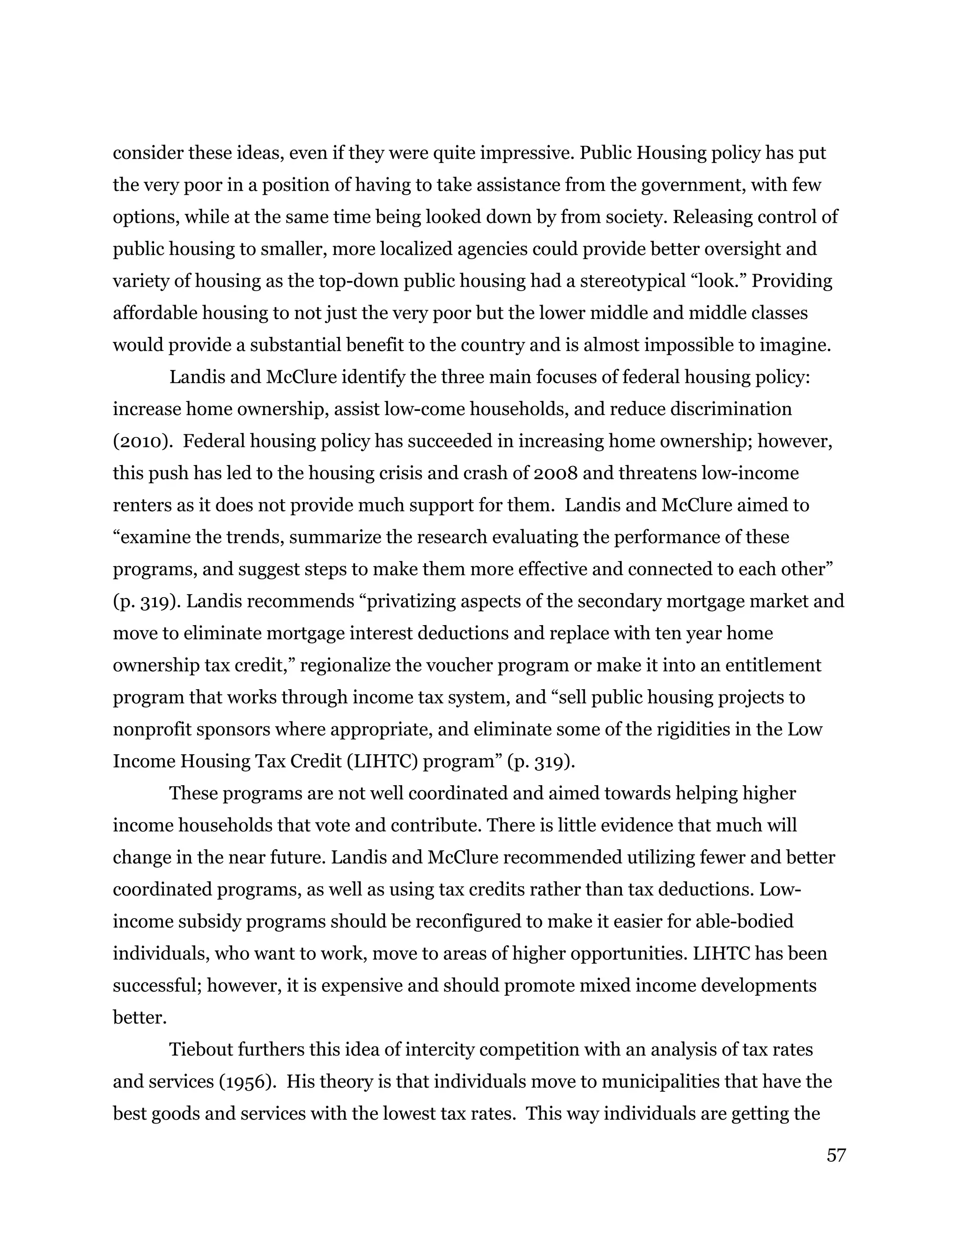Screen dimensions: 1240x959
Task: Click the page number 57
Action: [836, 1155]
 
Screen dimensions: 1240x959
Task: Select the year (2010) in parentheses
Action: [143, 441]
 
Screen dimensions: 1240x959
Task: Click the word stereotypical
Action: [632, 281]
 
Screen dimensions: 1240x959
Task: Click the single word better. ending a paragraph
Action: [140, 1017]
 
